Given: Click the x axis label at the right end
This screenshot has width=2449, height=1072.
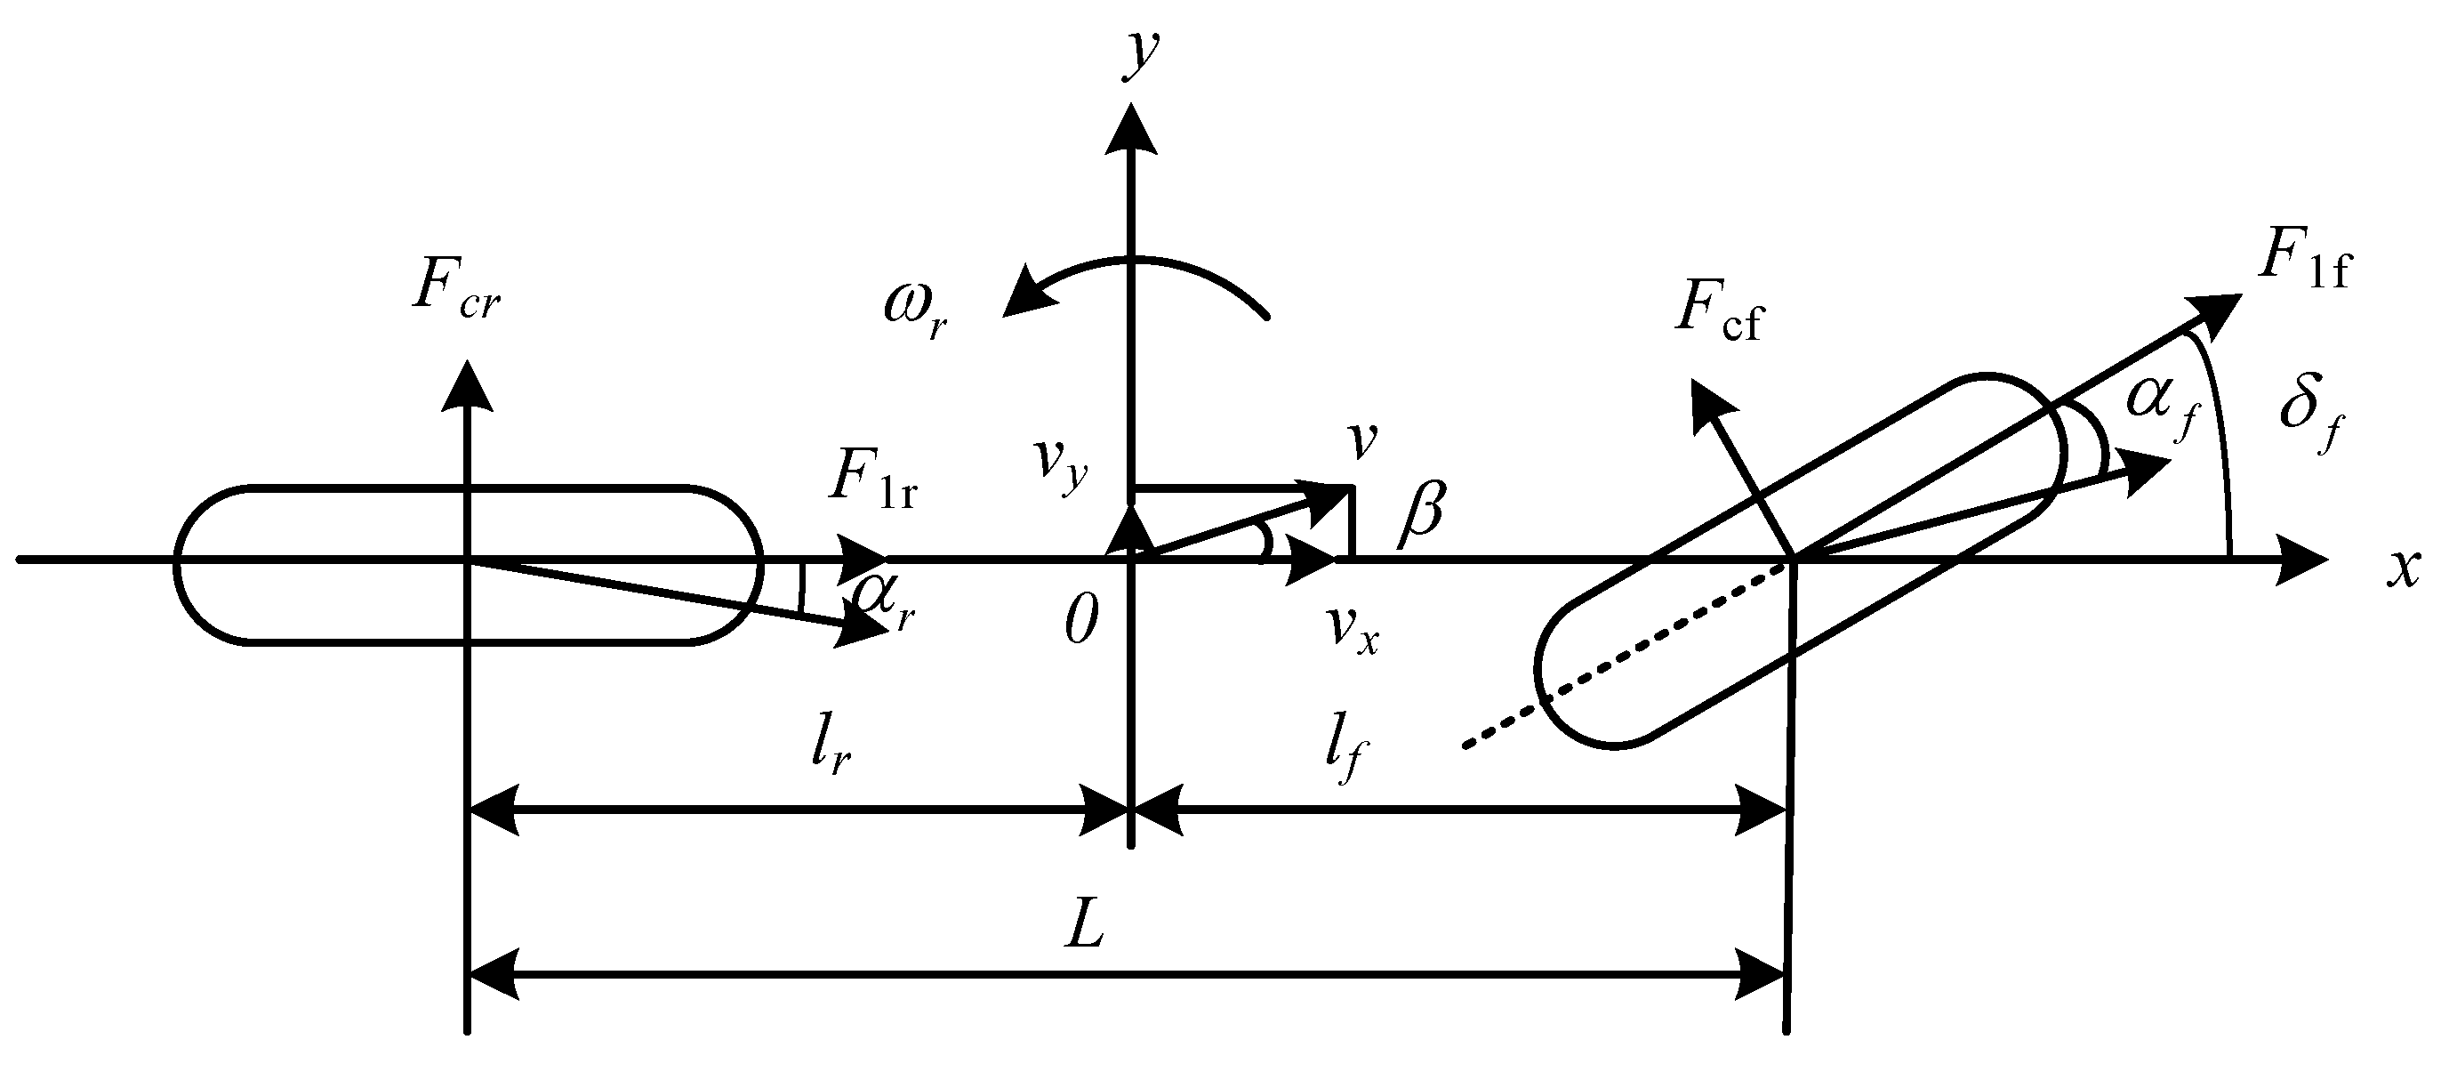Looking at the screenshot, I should point(2405,568).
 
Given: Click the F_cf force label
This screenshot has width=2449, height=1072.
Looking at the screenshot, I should point(1717,315).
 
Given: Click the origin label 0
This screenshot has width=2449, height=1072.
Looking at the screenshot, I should point(1081,623).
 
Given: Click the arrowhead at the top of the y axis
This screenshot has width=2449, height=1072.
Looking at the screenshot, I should point(1130,128).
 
